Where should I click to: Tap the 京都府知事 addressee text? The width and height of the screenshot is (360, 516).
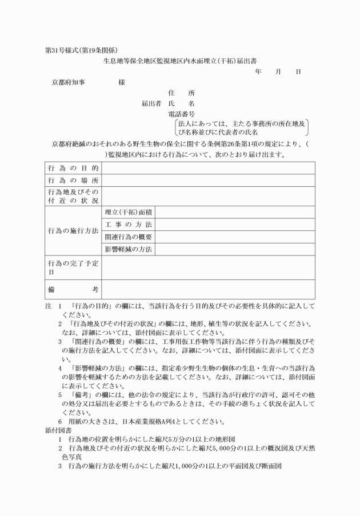69,82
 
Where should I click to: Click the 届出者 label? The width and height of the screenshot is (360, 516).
151,104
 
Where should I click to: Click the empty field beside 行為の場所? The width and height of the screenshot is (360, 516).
208,181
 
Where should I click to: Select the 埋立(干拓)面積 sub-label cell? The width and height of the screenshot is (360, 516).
129,213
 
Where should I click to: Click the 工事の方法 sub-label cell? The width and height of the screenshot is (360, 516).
129,225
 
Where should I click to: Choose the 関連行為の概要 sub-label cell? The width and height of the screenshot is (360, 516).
129,237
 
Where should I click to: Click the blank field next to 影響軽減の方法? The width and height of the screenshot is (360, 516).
235,249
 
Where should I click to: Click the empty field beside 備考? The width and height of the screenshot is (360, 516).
208,290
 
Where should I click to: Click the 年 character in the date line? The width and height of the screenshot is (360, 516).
258,71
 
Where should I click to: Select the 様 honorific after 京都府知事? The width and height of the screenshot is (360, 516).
122,82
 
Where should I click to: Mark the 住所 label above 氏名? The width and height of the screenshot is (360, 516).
182,93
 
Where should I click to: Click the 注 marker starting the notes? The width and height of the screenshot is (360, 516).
48,306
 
